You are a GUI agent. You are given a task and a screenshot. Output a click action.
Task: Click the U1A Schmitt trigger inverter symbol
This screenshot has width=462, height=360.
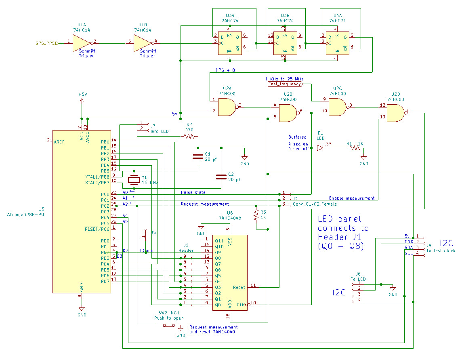[x=82, y=42]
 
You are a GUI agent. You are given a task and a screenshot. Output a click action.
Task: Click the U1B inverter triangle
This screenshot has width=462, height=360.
[x=143, y=42]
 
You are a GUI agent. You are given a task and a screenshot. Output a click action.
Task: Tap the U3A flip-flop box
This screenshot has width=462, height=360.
[x=229, y=43]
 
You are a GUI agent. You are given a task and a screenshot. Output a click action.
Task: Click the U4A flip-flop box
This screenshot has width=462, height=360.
[x=337, y=43]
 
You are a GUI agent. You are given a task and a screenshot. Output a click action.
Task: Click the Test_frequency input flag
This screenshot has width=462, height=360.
[x=284, y=84]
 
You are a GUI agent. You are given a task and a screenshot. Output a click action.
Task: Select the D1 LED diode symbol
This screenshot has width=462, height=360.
[x=320, y=148]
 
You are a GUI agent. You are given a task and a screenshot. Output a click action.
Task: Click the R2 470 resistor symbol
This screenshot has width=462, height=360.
[x=189, y=137]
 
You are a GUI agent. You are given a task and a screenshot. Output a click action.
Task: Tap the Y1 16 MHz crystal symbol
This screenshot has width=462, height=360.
[x=133, y=180]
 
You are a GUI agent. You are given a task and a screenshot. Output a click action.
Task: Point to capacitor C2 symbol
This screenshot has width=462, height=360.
[x=221, y=177]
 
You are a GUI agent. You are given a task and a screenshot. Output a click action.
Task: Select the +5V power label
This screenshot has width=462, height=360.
[x=82, y=94]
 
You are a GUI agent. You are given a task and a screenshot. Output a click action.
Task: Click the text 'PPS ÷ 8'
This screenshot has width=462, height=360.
[x=225, y=70]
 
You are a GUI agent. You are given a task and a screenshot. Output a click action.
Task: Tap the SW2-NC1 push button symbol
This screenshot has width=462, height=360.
[x=169, y=325]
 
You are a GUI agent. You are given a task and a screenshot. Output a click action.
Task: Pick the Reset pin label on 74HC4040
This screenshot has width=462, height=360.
[x=239, y=287]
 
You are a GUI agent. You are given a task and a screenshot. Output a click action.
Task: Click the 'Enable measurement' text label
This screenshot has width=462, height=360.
[x=351, y=198]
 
